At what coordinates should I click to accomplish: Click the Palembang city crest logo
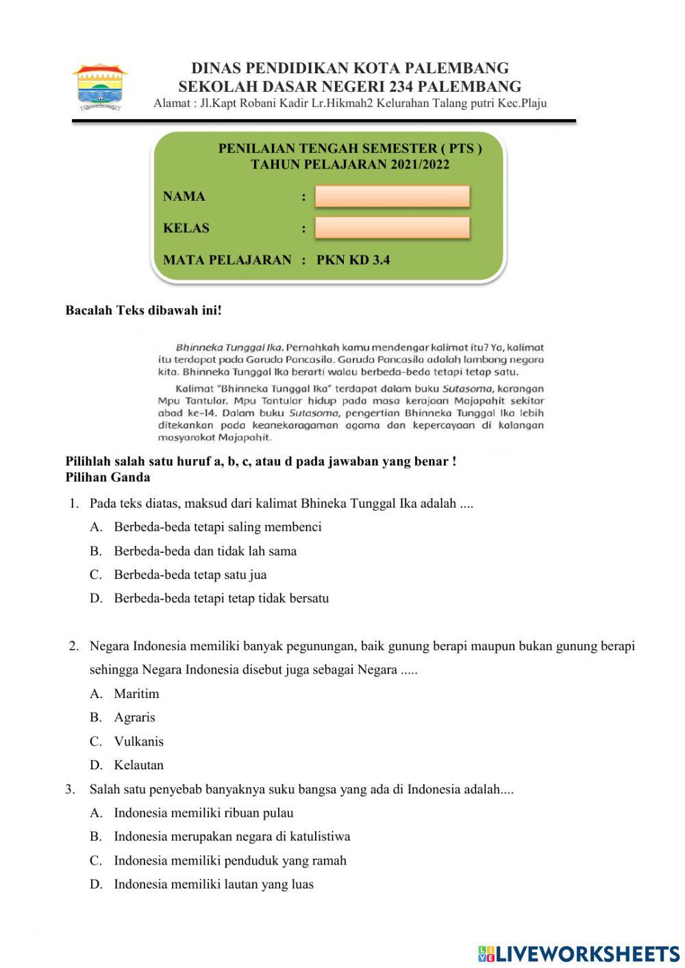(100, 87)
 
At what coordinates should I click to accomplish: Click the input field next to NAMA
(392, 197)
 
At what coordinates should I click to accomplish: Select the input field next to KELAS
(392, 228)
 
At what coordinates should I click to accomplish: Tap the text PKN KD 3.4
(353, 260)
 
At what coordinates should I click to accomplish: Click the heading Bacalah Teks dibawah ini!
(143, 310)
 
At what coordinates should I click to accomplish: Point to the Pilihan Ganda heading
(108, 477)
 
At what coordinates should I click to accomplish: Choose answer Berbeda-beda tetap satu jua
(190, 575)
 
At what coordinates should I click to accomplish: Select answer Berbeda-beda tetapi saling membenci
(217, 527)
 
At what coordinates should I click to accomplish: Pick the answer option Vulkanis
(138, 741)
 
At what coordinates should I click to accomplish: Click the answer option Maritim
(136, 694)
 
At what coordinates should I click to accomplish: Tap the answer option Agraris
(134, 717)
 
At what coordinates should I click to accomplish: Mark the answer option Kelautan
(138, 765)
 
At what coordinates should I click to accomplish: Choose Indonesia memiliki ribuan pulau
(203, 813)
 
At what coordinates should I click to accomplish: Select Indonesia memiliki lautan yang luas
(213, 884)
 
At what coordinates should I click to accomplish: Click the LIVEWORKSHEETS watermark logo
(579, 954)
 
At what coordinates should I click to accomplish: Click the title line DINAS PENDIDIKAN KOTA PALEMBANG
(349, 69)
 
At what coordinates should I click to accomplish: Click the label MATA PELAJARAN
(227, 260)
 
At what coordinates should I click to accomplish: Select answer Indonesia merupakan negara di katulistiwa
(232, 836)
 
